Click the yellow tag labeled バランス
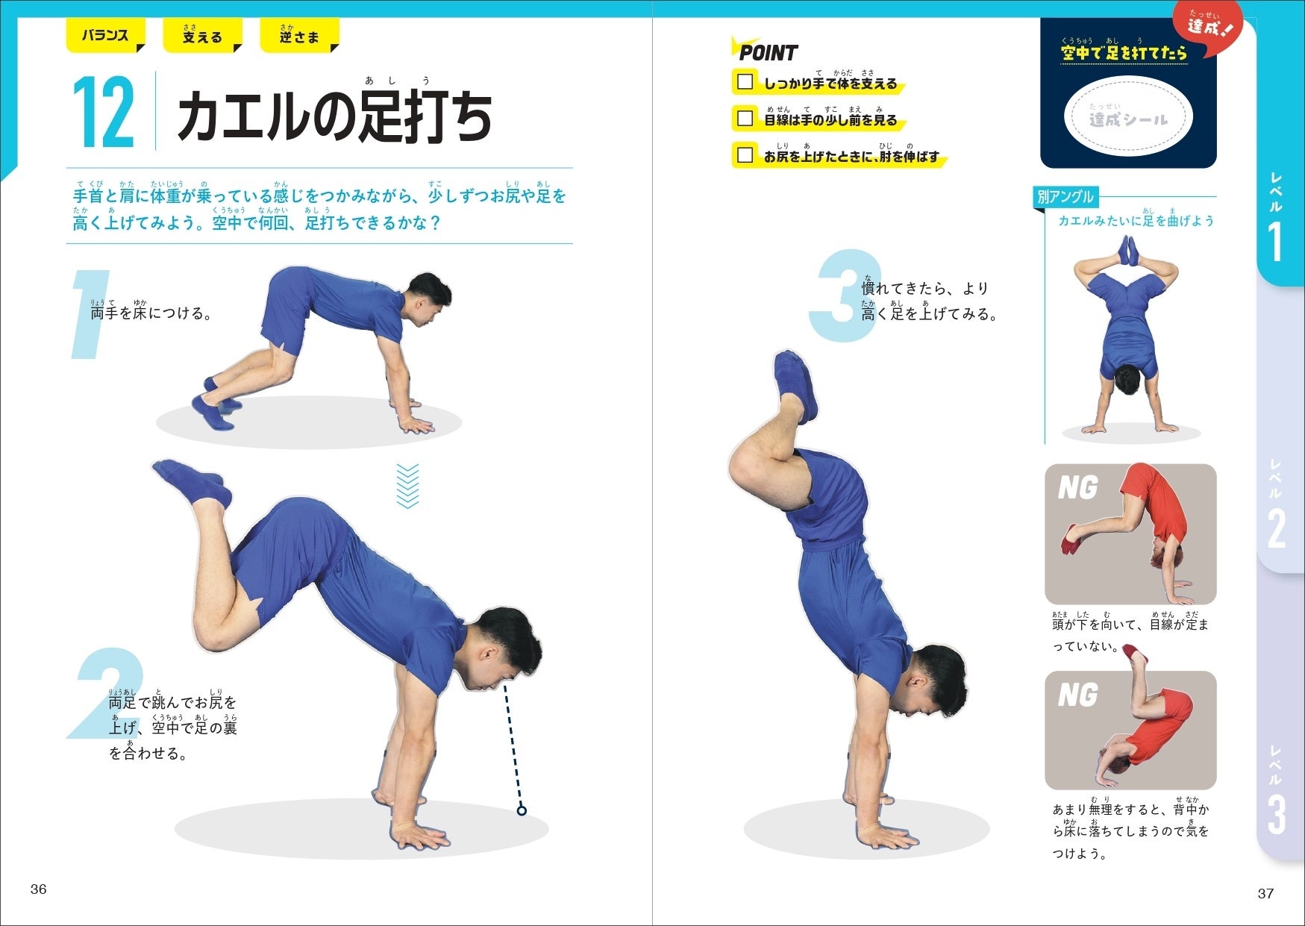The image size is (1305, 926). [x=105, y=35]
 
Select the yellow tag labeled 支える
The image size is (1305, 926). [x=202, y=35]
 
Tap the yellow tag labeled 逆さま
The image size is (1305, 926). [x=299, y=35]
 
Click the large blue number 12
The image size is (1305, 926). [x=104, y=113]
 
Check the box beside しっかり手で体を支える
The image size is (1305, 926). [x=745, y=81]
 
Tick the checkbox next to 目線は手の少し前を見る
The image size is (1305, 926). [x=745, y=118]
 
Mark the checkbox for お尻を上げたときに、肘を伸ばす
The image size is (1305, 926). [x=745, y=154]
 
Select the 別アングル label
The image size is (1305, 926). [x=1065, y=197]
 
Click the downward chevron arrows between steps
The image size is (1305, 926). [x=407, y=485]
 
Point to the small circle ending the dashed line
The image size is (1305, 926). [x=522, y=810]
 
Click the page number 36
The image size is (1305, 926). [x=38, y=889]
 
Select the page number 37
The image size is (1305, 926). [x=1265, y=893]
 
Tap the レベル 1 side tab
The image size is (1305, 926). [x=1277, y=216]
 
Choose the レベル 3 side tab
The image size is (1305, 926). [x=1277, y=791]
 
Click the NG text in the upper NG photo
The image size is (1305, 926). [x=1077, y=489]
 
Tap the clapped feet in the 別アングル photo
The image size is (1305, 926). [x=1128, y=251]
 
